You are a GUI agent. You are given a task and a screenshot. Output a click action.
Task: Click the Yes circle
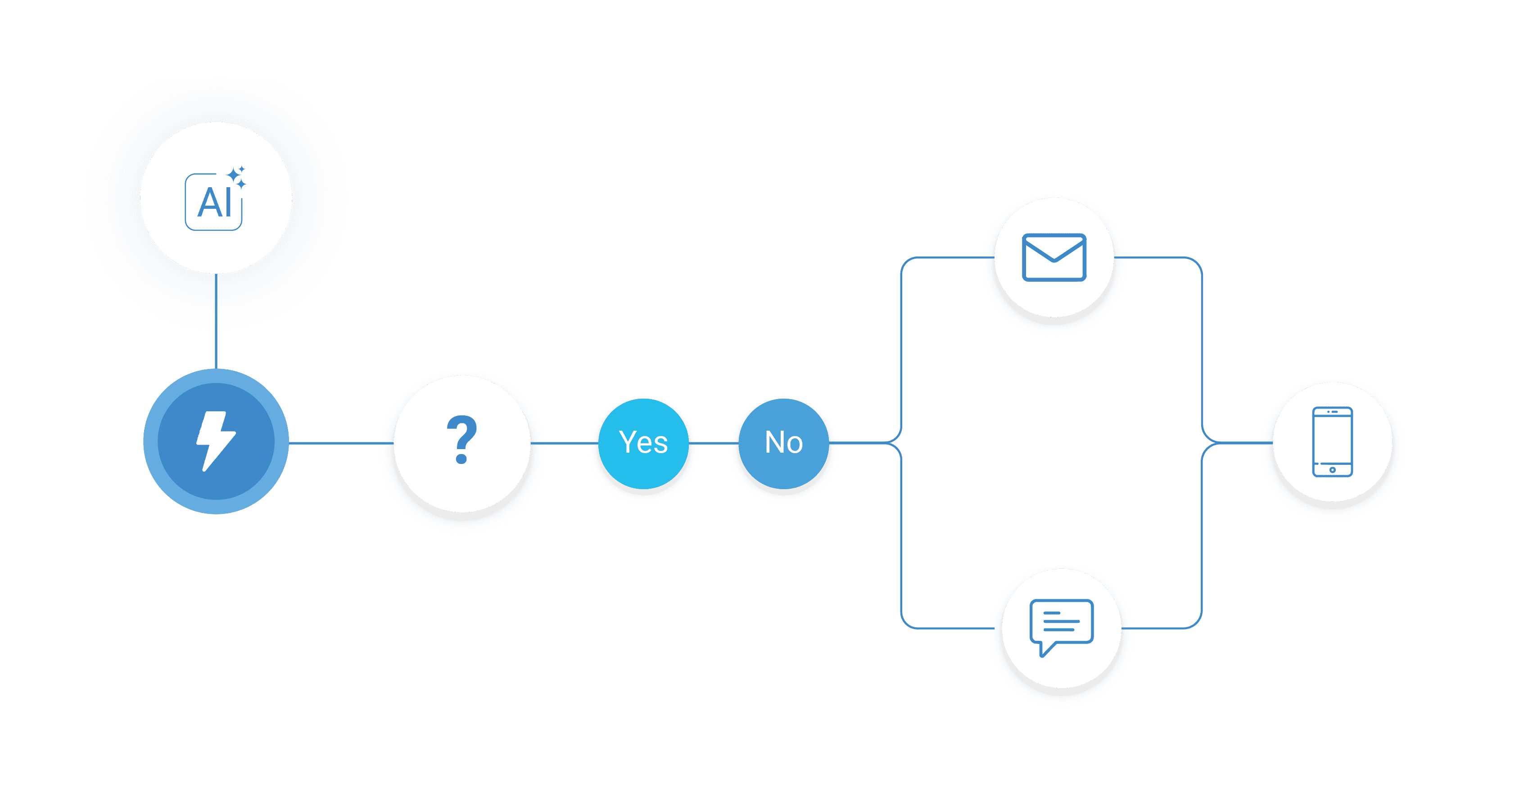[643, 443]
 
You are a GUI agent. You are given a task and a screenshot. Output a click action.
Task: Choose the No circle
[784, 443]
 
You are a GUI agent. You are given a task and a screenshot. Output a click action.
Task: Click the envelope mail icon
[1054, 257]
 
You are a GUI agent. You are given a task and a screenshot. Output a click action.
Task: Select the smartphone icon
[1333, 442]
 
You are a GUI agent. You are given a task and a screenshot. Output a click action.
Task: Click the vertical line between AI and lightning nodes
[216, 321]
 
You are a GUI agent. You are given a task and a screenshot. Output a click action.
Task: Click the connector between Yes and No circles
[714, 443]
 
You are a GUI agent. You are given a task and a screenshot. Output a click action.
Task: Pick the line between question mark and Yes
[564, 443]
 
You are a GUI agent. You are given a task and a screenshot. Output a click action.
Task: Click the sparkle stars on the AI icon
[237, 177]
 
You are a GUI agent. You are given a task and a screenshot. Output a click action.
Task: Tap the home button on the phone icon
[1333, 470]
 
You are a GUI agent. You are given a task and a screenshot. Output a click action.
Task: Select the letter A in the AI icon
[209, 203]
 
